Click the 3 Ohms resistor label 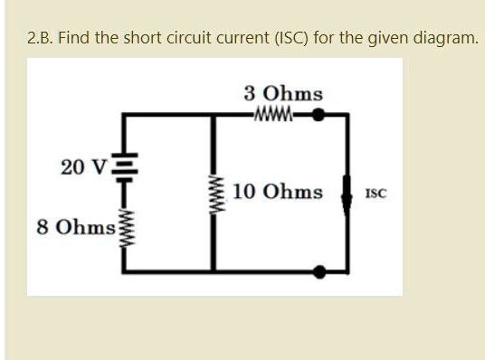pos(282,94)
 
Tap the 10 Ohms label pos(277,192)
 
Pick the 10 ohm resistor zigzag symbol pos(214,193)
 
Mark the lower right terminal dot pos(320,270)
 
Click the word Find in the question pos(81,39)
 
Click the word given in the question pos(390,40)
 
